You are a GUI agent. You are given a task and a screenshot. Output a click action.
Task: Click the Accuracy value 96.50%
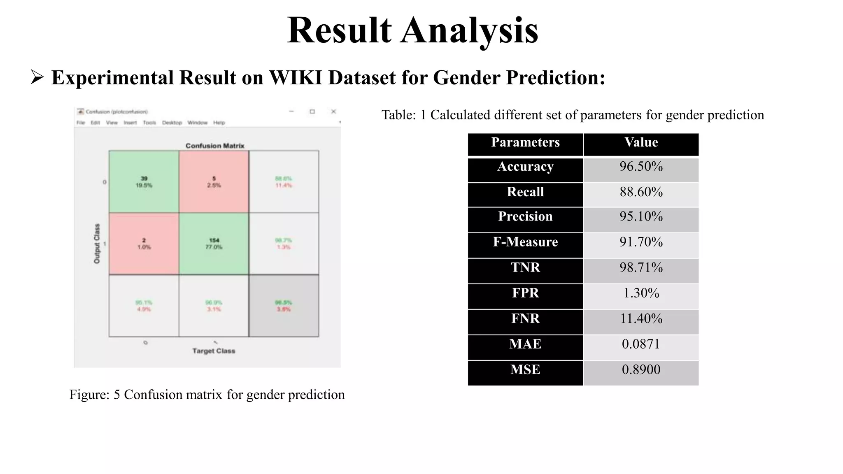coord(641,167)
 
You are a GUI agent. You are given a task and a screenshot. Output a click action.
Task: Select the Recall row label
coord(525,192)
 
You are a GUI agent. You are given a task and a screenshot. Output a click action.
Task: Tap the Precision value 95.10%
coord(641,216)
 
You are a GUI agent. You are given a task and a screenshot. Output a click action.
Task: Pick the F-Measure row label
coord(525,242)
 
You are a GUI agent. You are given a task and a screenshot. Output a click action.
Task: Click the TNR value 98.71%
coord(641,267)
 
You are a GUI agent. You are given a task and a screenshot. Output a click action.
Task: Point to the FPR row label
coord(525,293)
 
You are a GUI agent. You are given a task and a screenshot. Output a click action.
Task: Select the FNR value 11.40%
coord(641,318)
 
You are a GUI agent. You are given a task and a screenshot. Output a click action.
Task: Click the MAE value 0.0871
coord(641,344)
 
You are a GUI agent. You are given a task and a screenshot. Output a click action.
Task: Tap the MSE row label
coord(525,369)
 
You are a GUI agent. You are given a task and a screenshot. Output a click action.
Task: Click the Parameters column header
coord(525,142)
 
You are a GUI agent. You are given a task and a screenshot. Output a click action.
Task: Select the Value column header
coord(641,142)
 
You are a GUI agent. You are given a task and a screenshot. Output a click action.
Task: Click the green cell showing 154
coord(214,244)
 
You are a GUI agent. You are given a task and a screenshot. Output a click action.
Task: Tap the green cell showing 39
coord(144,182)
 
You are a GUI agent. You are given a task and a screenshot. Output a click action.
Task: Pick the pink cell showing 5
coord(214,182)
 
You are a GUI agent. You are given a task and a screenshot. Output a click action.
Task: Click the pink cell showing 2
coord(144,244)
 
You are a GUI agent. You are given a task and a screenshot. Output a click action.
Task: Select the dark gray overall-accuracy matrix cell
coord(284,306)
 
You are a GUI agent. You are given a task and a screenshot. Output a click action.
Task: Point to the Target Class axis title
coord(214,351)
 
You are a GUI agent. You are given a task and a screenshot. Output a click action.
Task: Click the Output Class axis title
coord(97,244)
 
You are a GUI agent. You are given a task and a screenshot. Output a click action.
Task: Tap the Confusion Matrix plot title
coord(214,146)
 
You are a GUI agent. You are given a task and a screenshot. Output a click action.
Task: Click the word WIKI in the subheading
coord(295,78)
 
